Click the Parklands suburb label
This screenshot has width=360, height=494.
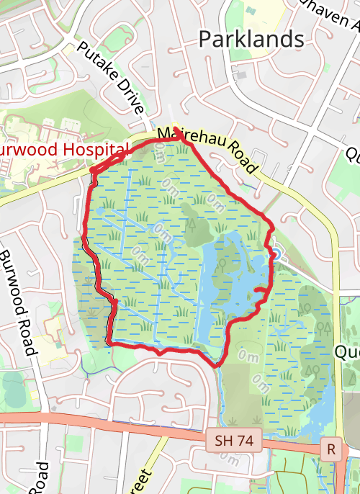251,38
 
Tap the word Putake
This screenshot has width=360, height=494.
96,63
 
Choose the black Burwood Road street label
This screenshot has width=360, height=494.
18,303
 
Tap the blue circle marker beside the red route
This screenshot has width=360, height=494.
274,253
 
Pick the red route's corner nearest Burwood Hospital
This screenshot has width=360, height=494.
91,171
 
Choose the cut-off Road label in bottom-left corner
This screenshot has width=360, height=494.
39,478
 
